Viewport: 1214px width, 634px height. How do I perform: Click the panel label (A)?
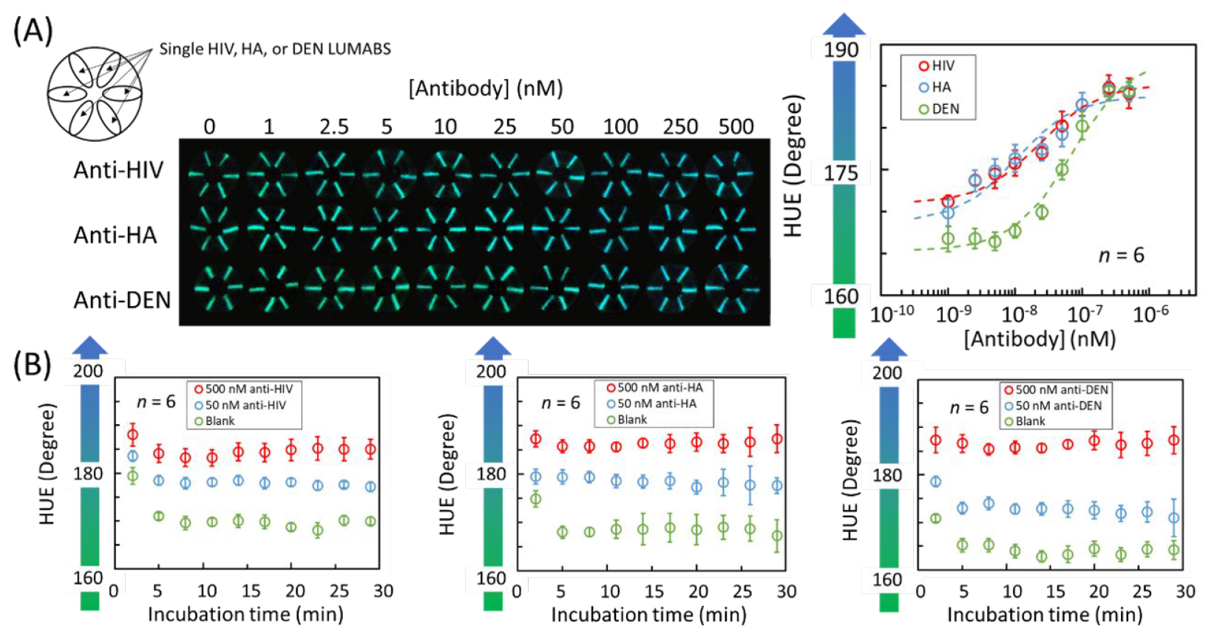[33, 31]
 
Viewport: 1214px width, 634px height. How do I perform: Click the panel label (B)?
[33, 364]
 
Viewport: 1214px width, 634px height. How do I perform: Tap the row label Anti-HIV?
[118, 170]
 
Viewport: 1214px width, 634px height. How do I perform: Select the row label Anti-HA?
[115, 235]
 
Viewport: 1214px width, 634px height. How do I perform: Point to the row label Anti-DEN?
[122, 300]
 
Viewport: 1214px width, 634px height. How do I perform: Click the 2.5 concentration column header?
[333, 127]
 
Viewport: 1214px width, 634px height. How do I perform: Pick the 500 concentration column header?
[736, 127]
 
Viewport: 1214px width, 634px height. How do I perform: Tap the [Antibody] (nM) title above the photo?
[486, 89]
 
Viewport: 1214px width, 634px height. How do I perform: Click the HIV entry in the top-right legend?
[937, 66]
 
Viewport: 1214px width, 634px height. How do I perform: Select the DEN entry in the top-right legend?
[939, 109]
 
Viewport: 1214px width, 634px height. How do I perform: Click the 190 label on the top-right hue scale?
[841, 50]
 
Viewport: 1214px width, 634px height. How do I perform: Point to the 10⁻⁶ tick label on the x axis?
[1150, 314]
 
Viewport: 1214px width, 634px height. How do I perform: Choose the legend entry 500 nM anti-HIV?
[243, 389]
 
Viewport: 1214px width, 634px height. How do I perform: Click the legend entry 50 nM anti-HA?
[651, 403]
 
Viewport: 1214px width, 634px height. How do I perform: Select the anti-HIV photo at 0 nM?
[211, 174]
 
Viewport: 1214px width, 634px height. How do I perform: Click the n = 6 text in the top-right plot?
[1121, 256]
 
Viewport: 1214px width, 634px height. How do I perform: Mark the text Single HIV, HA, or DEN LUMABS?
[275, 49]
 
